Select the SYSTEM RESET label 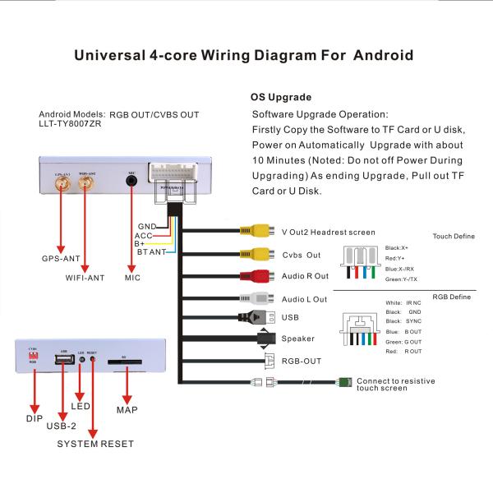click(x=95, y=444)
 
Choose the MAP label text click(x=127, y=409)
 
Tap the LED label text click(x=81, y=406)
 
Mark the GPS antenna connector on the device click(x=62, y=187)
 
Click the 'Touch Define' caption click(x=454, y=237)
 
